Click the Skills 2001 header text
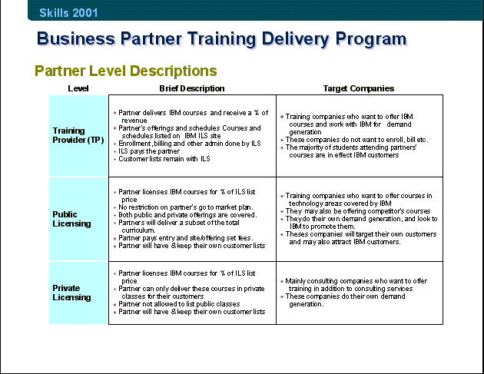pos(68,13)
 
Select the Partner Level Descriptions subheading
pos(126,71)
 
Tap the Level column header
pos(78,88)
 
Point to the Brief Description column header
pos(192,88)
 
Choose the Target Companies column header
pos(359,88)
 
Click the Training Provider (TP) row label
pos(78,135)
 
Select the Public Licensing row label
pos(71,219)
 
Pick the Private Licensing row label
pos(71,293)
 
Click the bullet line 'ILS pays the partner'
pos(149,151)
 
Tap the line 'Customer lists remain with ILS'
pos(164,159)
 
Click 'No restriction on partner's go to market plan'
pos(186,207)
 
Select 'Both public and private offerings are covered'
pos(187,215)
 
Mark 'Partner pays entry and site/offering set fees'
pos(186,238)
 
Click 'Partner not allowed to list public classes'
pos(179,304)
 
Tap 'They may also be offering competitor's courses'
pos(358,211)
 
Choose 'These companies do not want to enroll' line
pos(356,140)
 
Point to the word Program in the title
pos(371,39)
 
